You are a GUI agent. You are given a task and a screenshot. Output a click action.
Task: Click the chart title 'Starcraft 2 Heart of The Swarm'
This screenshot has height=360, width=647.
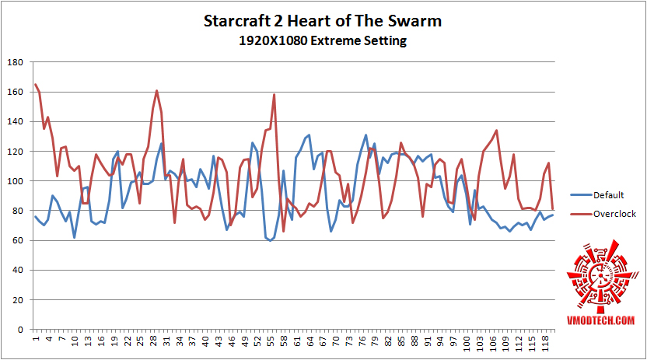(323, 21)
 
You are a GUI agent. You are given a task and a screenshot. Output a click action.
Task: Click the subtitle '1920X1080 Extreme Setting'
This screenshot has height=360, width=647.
(323, 40)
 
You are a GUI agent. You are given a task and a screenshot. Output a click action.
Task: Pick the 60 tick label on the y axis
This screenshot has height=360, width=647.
(17, 241)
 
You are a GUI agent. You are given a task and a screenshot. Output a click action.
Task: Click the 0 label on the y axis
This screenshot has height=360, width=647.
(20, 330)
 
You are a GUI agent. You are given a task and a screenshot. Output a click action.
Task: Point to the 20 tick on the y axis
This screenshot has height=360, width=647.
(17, 300)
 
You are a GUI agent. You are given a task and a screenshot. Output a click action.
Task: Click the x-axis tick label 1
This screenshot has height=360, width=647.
(36, 340)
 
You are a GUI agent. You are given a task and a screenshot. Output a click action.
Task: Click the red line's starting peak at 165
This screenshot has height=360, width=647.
(36, 85)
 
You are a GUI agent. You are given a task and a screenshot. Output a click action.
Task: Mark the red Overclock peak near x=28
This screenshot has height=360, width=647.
(156, 91)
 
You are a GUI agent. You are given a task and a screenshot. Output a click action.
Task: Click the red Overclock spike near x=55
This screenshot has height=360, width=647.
(275, 95)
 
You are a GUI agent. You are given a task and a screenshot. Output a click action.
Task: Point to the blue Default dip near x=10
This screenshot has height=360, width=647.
(75, 237)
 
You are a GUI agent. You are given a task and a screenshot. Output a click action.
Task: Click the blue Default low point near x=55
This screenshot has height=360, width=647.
(270, 240)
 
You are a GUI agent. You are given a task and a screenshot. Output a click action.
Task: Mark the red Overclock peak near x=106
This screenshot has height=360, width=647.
(496, 131)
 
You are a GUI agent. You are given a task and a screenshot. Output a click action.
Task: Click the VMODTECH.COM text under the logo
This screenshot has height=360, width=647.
(600, 320)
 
